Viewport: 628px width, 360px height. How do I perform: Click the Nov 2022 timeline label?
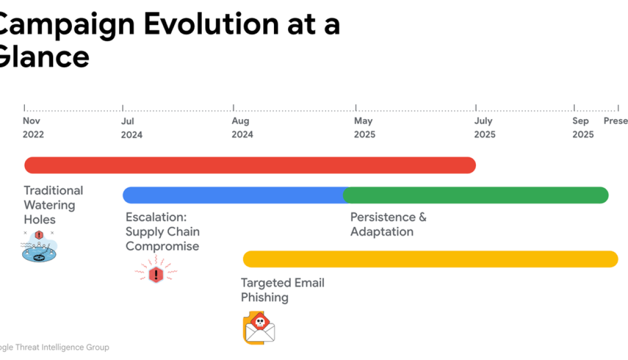33,128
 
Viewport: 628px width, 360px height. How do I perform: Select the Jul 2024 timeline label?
132,128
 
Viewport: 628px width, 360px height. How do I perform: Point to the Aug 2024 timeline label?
242,128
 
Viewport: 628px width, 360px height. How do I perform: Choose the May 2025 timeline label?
364,128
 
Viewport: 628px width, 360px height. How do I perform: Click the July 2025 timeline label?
485,128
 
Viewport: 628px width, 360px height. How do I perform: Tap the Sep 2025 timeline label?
583,128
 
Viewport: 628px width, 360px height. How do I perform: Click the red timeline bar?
250,165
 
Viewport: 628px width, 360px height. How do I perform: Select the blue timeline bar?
233,195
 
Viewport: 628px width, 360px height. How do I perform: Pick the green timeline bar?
476,195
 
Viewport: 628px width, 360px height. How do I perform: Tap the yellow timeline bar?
430,259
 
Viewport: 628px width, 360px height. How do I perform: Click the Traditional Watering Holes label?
53,205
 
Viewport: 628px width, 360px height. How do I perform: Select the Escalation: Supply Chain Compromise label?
162,232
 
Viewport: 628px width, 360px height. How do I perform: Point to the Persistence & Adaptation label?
388,224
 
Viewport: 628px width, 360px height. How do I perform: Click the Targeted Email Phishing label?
282,290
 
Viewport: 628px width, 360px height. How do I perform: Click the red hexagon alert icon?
156,274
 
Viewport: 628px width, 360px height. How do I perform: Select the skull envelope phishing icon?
259,328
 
